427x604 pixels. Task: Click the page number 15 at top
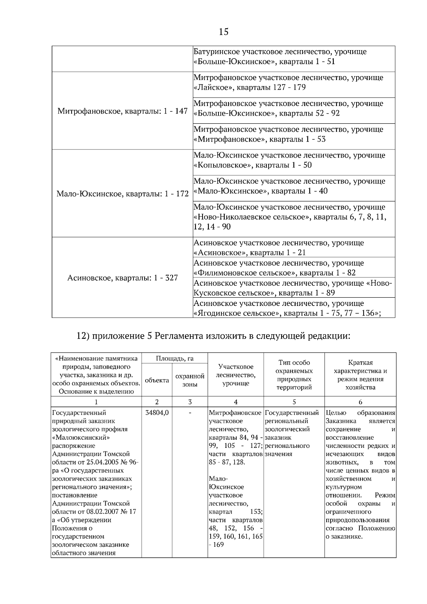[223, 32]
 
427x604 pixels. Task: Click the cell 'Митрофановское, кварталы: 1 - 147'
[122, 111]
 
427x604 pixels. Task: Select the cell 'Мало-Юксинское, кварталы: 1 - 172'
[122, 194]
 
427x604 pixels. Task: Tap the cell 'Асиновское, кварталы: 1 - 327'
[122, 278]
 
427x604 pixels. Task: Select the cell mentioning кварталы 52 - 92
[294, 108]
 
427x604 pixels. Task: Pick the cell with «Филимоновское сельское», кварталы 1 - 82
[294, 268]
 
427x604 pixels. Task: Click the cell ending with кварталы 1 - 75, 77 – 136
[294, 308]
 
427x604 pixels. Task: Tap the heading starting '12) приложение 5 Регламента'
[213, 336]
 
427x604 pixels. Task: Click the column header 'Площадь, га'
[174, 358]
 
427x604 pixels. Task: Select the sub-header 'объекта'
[157, 380]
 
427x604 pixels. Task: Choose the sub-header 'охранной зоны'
[190, 380]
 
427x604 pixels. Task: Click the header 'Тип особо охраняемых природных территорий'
[294, 375]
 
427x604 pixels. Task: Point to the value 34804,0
[157, 413]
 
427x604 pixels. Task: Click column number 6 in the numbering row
[360, 402]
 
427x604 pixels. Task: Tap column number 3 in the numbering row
[190, 402]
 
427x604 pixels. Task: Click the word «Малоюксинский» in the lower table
[81, 438]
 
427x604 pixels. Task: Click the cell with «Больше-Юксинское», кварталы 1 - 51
[294, 57]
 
